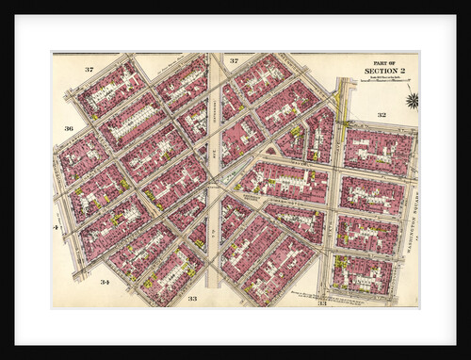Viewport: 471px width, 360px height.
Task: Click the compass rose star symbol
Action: (x=412, y=99)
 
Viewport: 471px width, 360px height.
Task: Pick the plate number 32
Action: (x=382, y=115)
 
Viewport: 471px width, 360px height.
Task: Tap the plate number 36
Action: (x=69, y=128)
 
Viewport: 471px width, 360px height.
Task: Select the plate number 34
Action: (x=105, y=282)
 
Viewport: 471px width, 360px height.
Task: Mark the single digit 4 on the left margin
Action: (x=57, y=228)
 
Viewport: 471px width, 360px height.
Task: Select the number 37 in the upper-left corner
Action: (x=89, y=70)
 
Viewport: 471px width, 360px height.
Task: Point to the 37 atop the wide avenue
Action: (x=234, y=61)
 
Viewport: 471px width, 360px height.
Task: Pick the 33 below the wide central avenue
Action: (x=192, y=298)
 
